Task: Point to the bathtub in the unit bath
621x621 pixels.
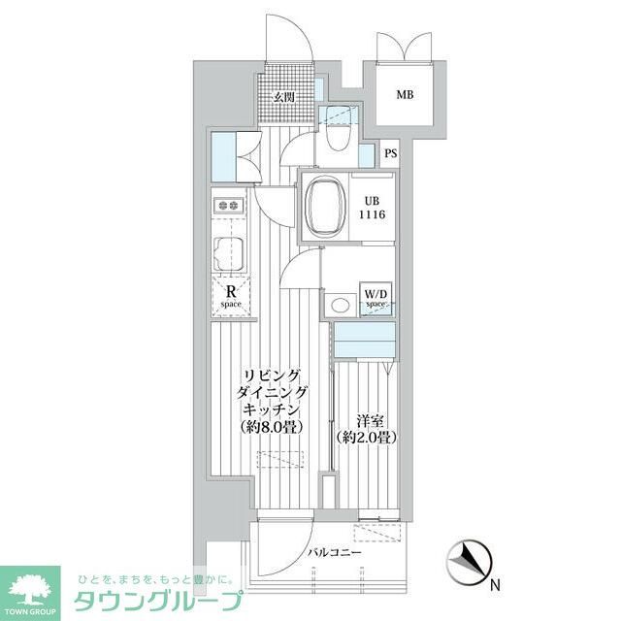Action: pyautogui.click(x=325, y=207)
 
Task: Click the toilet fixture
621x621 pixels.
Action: pyautogui.click(x=338, y=137)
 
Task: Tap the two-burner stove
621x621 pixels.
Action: pyautogui.click(x=231, y=206)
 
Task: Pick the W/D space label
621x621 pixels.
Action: pyautogui.click(x=376, y=297)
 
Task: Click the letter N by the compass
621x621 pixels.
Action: pyautogui.click(x=494, y=586)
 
